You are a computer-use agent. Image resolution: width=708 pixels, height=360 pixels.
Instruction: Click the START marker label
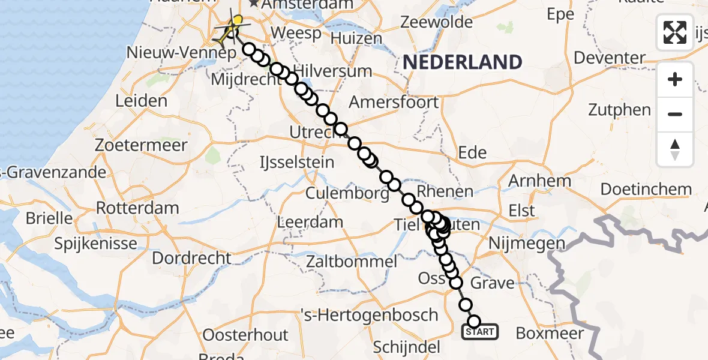tap(479, 332)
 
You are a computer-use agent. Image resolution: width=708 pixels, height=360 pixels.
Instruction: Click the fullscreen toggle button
tap(675, 32)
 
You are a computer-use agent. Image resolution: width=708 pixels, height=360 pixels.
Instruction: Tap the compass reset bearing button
tap(675, 149)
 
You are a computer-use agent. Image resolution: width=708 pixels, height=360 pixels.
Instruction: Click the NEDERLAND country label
tap(462, 62)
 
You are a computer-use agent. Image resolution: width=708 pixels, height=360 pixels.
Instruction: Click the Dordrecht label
tap(191, 259)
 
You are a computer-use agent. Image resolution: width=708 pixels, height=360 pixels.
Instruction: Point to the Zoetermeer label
tap(141, 145)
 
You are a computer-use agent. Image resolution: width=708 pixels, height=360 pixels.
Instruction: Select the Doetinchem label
tap(646, 190)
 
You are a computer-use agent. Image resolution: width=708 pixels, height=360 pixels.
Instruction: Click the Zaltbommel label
tap(350, 262)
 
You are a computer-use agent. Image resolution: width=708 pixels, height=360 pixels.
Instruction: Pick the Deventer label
tap(610, 58)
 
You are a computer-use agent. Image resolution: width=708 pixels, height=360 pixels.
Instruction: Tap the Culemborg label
tap(347, 194)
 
